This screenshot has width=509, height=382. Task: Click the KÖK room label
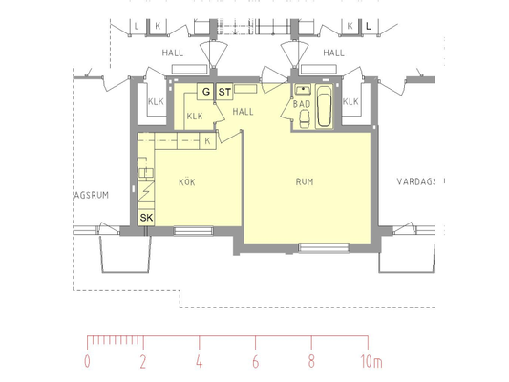(187, 182)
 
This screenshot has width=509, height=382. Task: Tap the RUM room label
(305, 181)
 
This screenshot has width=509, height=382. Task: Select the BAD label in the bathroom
(302, 104)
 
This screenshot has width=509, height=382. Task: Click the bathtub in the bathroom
(325, 105)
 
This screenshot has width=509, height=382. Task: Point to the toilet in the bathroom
(305, 119)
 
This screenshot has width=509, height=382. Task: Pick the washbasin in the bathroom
(303, 89)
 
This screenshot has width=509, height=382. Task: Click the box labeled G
(205, 92)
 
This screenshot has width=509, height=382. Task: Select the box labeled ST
(224, 92)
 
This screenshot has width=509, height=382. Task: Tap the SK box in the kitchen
(146, 217)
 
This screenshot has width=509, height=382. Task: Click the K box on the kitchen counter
(208, 140)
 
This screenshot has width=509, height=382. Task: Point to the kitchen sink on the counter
(146, 173)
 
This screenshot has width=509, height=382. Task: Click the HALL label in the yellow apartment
(243, 112)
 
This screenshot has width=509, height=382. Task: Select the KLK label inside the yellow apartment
(195, 116)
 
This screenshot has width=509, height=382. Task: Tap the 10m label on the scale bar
(371, 361)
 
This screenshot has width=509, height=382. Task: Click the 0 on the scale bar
(87, 361)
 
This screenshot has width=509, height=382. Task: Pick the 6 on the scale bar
(256, 361)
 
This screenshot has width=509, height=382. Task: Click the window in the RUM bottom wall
(324, 247)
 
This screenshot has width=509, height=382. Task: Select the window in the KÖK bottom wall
(194, 231)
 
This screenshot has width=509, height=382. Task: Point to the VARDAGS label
(415, 181)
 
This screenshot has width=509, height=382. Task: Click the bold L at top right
(368, 26)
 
